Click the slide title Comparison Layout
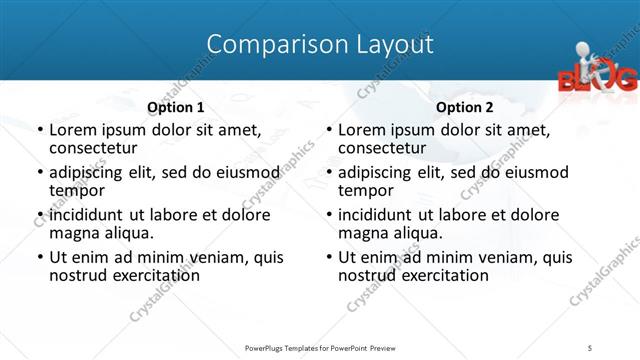pos(320,44)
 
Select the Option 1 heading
pos(176,107)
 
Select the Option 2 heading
pos(465,107)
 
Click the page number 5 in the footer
pos(591,346)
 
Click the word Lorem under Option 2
pos(362,130)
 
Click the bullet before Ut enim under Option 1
pos(39,258)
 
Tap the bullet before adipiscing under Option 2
pos(328,173)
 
